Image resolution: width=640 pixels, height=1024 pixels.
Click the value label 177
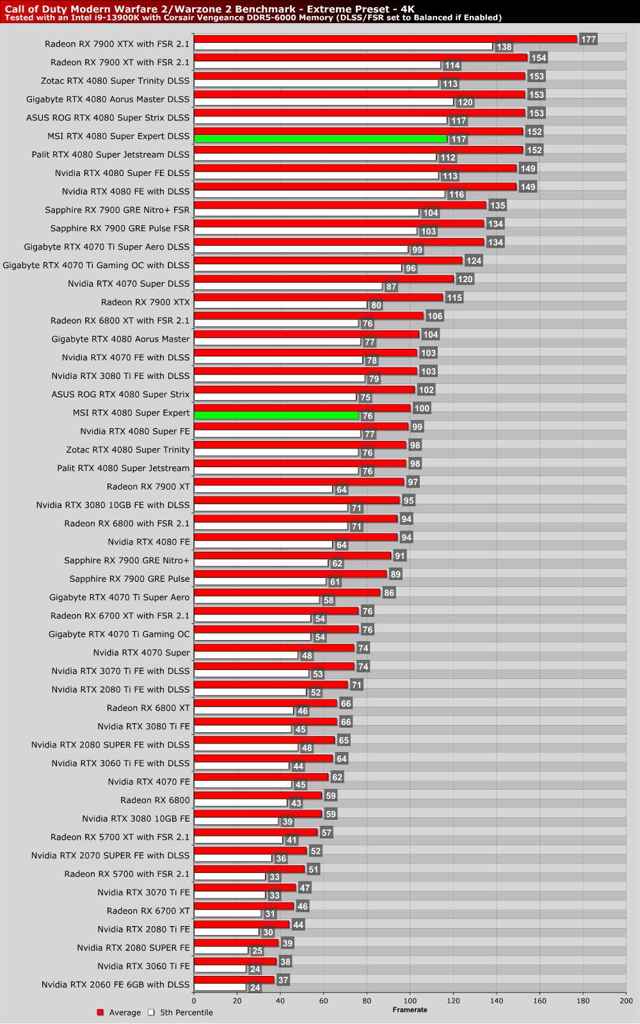588,40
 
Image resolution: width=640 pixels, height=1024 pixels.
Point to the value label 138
504,47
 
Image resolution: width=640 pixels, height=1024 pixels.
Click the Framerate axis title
410,1010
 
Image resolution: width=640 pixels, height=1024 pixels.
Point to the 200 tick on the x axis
626,1001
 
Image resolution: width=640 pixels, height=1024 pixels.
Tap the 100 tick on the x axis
410,1001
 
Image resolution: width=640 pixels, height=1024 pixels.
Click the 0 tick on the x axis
194,1001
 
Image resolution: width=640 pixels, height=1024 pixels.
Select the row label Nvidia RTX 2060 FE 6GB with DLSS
116,984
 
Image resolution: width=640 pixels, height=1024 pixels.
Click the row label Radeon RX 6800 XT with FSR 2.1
120,320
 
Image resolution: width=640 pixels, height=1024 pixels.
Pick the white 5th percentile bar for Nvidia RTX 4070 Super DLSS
288,287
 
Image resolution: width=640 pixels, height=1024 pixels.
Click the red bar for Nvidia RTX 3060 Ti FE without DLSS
235,961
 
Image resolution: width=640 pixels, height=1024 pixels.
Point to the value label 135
497,205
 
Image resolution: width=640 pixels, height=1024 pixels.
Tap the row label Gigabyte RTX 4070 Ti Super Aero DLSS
107,246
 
